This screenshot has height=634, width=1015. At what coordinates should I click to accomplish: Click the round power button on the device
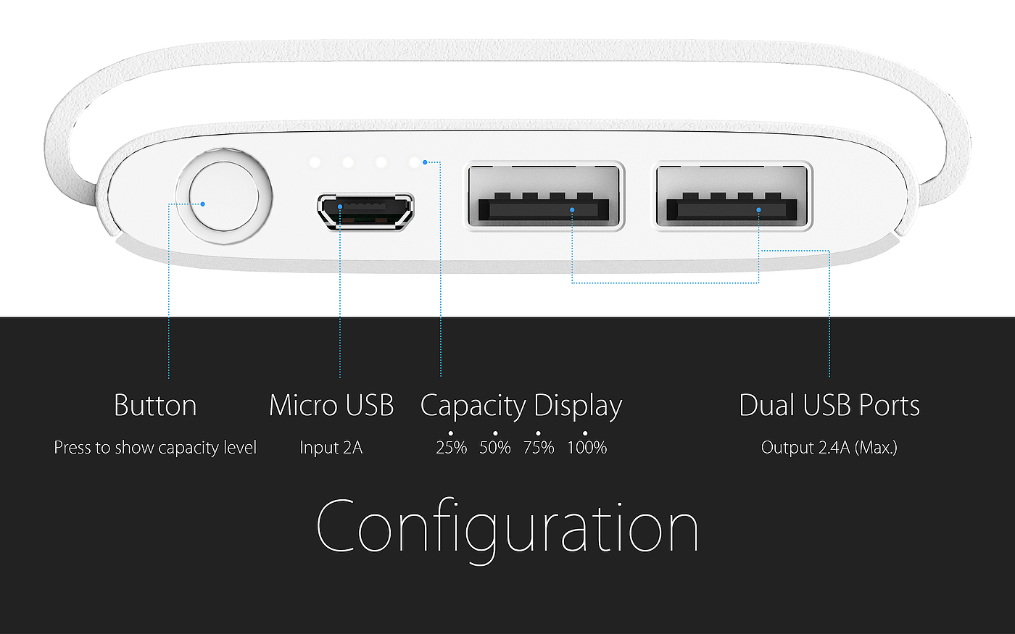pyautogui.click(x=224, y=196)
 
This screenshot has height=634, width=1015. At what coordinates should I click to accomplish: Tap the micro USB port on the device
pyautogui.click(x=365, y=211)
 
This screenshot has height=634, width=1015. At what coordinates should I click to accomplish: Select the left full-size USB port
pyautogui.click(x=544, y=196)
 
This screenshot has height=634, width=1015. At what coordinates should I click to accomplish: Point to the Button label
pyautogui.click(x=155, y=406)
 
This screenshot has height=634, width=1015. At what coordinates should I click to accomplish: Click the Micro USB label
pyautogui.click(x=331, y=406)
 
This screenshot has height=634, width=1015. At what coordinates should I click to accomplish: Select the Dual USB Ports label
pyautogui.click(x=829, y=406)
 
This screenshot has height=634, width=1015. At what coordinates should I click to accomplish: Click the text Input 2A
pyautogui.click(x=331, y=448)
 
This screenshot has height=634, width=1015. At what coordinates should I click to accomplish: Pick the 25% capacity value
pyautogui.click(x=451, y=448)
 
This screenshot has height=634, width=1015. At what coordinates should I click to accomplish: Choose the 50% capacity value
pyautogui.click(x=495, y=448)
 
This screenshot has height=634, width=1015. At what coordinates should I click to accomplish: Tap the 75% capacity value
pyautogui.click(x=539, y=448)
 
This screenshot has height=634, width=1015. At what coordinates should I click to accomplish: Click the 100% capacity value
pyautogui.click(x=587, y=448)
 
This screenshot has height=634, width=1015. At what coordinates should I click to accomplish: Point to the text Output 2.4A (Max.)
pyautogui.click(x=829, y=448)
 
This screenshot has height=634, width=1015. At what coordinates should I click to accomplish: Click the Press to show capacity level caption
pyautogui.click(x=155, y=448)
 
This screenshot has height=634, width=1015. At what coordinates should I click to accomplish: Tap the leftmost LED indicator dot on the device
pyautogui.click(x=315, y=162)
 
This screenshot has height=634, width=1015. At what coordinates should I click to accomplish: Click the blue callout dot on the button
pyautogui.click(x=203, y=204)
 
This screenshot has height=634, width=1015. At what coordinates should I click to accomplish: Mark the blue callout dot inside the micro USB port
pyautogui.click(x=340, y=207)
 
